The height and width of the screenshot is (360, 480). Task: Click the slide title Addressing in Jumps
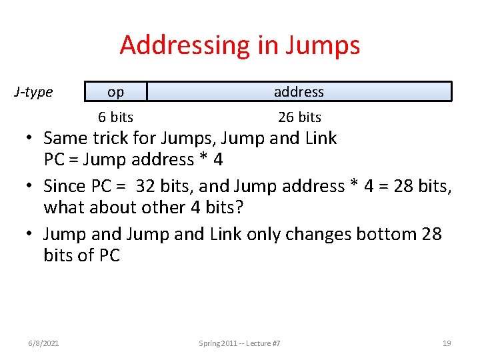pyautogui.click(x=240, y=45)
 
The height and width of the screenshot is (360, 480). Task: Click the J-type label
pyautogui.click(x=33, y=91)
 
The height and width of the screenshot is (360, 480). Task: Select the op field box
pyautogui.click(x=115, y=91)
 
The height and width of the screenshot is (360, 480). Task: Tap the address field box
pyautogui.click(x=299, y=91)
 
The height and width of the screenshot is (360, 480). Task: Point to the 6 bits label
pyautogui.click(x=115, y=117)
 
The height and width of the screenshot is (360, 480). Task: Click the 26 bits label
pyautogui.click(x=299, y=117)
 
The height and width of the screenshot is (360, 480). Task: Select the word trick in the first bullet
pyautogui.click(x=111, y=139)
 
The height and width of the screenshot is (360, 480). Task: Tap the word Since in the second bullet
pyautogui.click(x=65, y=186)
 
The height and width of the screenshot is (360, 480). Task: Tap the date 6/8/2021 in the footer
pyautogui.click(x=44, y=343)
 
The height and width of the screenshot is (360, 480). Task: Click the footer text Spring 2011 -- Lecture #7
pyautogui.click(x=239, y=343)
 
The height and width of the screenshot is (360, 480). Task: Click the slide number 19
pyautogui.click(x=447, y=343)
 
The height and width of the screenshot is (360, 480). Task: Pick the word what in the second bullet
pyautogui.click(x=63, y=207)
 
